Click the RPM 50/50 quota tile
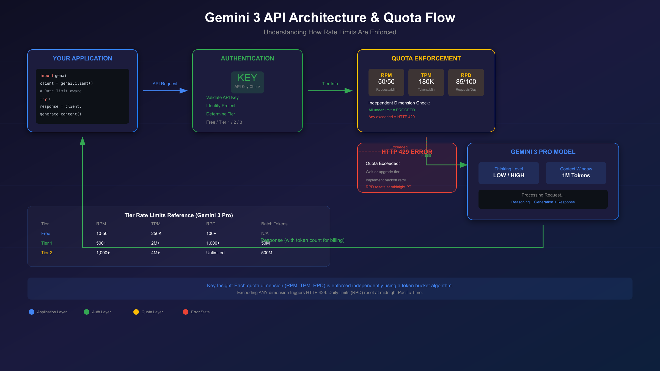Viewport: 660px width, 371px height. pyautogui.click(x=386, y=82)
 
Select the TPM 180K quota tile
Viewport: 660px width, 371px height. pyautogui.click(x=426, y=82)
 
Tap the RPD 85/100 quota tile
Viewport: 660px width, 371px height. pyautogui.click(x=466, y=82)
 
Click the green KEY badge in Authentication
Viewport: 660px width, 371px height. pyautogui.click(x=247, y=82)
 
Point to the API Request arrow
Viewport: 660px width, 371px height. pyautogui.click(x=165, y=90)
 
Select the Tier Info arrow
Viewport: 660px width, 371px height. pyautogui.click(x=330, y=90)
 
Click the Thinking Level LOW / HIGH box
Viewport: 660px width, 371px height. pyautogui.click(x=508, y=173)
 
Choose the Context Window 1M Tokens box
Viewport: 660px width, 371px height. pyautogui.click(x=576, y=173)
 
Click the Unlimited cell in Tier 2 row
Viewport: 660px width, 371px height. pyautogui.click(x=215, y=253)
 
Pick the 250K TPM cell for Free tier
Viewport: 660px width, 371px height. pyautogui.click(x=156, y=234)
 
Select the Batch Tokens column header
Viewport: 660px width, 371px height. pyautogui.click(x=274, y=224)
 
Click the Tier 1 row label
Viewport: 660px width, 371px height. pyautogui.click(x=46, y=243)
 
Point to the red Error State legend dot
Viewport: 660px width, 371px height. pyautogui.click(x=186, y=312)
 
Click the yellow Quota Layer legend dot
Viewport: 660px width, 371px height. pyautogui.click(x=136, y=312)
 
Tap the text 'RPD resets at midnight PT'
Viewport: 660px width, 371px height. pyautogui.click(x=388, y=187)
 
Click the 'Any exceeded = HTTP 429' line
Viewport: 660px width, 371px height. pyautogui.click(x=391, y=117)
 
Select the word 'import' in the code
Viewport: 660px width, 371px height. pyautogui.click(x=46, y=76)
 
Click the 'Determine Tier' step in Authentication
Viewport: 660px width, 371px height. pyautogui.click(x=221, y=114)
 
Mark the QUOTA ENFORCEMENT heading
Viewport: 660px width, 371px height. pyautogui.click(x=426, y=59)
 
